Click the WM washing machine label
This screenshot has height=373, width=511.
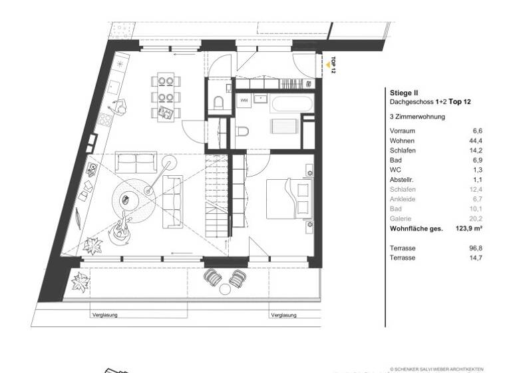tap(244, 101)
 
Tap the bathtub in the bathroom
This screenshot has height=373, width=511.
tap(288, 105)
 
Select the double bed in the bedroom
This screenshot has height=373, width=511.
tap(288, 198)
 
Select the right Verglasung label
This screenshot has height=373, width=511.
tap(285, 314)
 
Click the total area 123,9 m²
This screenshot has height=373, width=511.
tap(469, 228)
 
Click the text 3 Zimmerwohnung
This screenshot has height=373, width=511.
tap(417, 117)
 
